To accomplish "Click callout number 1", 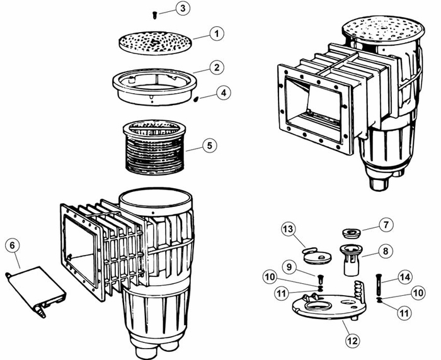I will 215,33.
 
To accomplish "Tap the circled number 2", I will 215,66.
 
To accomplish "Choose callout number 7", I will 386,224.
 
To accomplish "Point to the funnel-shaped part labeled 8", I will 351,258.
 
